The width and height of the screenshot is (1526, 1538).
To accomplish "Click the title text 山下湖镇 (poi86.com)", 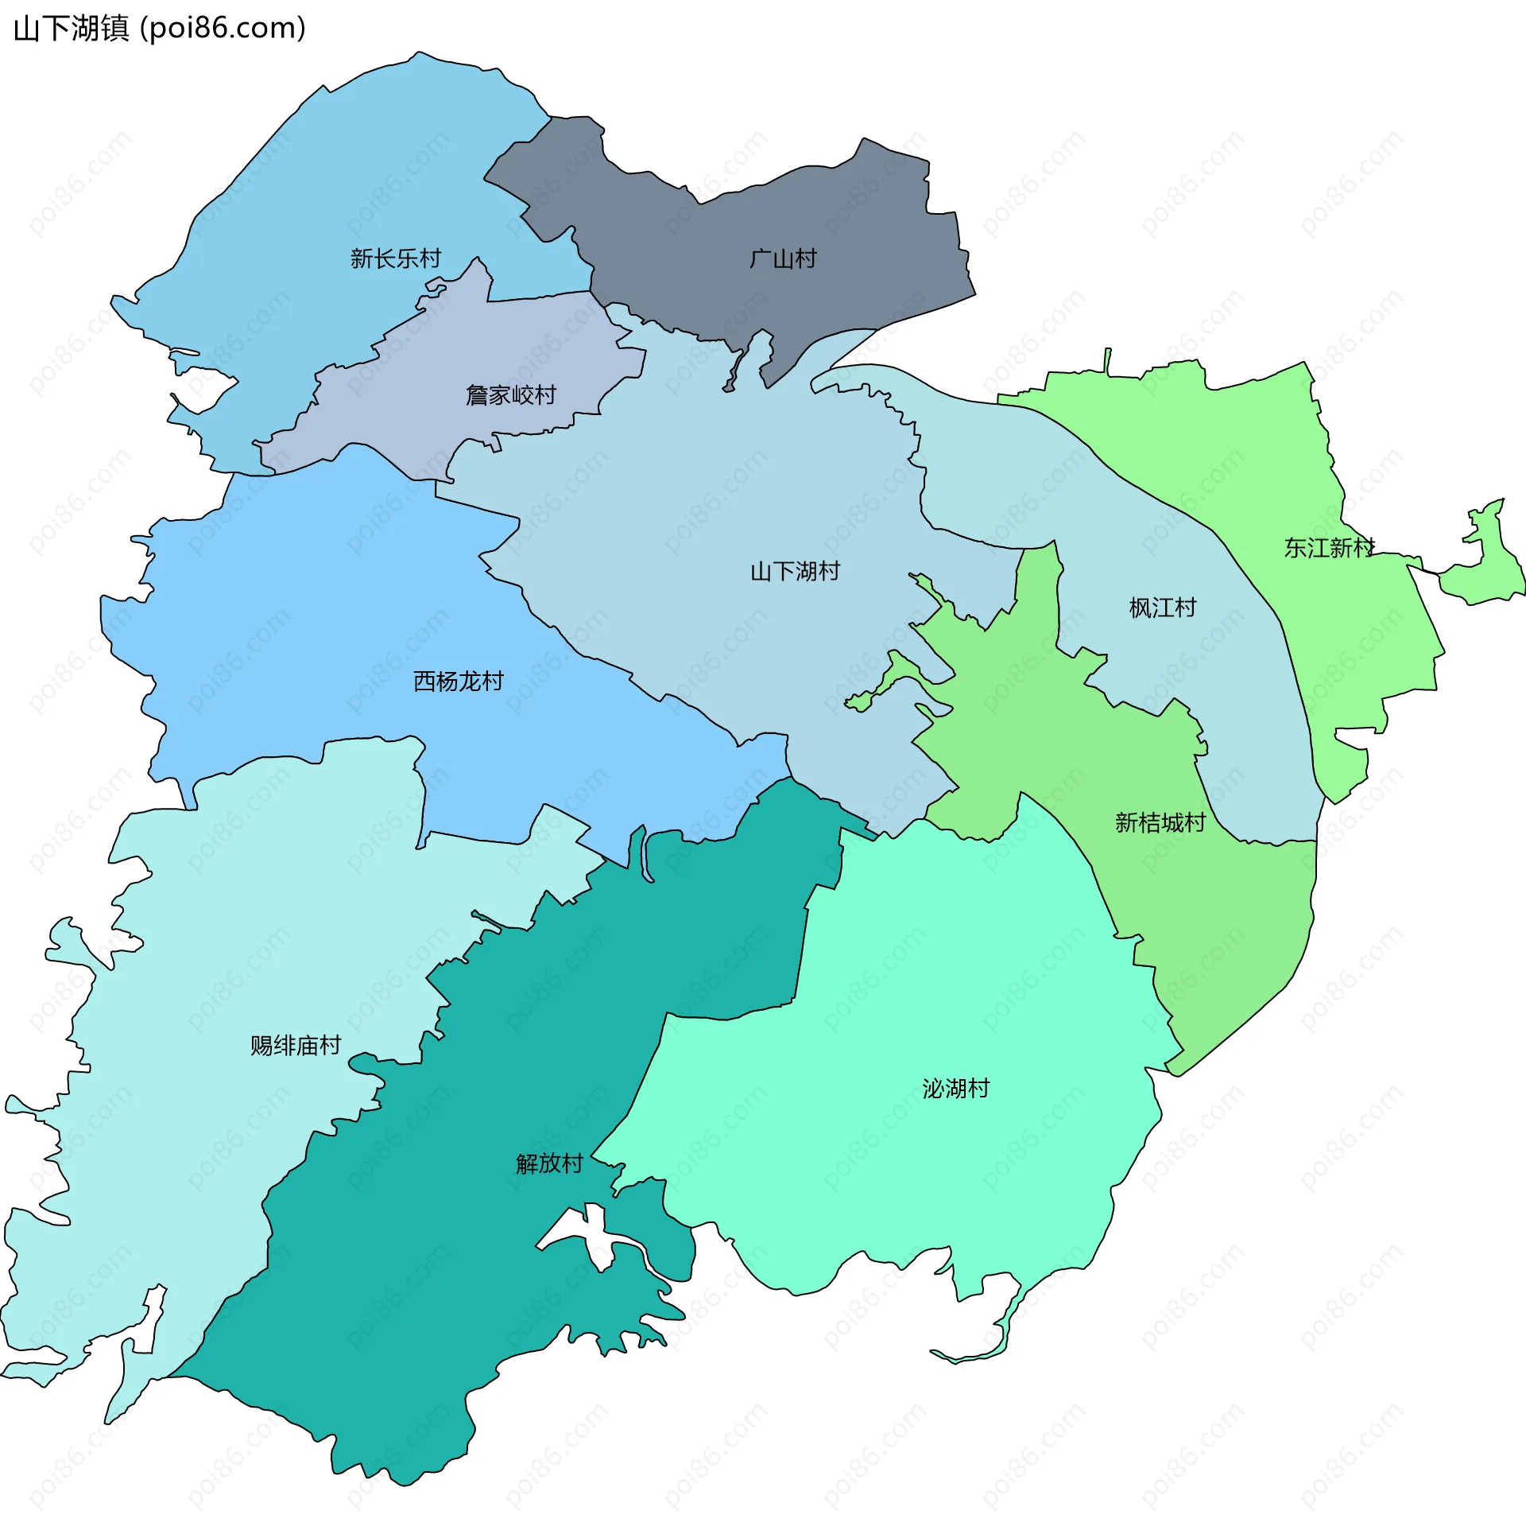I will coord(159,29).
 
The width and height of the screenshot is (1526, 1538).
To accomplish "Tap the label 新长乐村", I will coord(396,258).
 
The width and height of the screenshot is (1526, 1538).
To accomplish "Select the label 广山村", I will coord(783,258).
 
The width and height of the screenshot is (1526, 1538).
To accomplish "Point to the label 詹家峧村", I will coord(511,395).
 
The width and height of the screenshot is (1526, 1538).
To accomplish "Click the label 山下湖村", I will coord(795,572).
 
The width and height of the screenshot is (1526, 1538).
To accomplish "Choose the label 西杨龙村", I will coord(459,682).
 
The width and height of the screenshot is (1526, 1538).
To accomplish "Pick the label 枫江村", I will coord(1163,608).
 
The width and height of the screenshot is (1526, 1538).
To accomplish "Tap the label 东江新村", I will coord(1329,548).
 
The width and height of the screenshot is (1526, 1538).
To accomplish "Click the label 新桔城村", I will coord(1160,822).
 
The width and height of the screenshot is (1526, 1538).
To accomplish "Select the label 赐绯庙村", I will coord(296,1045).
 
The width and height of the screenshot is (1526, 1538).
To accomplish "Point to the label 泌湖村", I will coord(955,1088).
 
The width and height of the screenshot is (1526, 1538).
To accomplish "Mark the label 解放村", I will coord(549,1164).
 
